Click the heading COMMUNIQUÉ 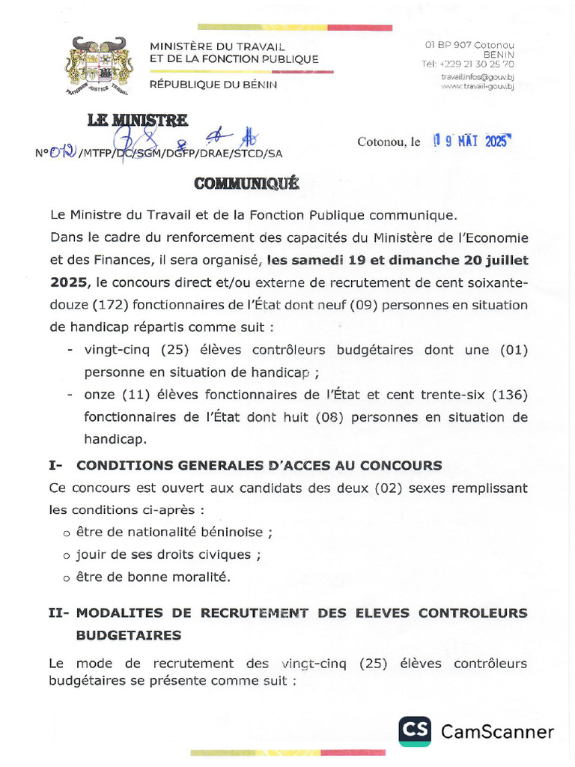click(x=246, y=184)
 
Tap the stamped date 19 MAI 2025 click(x=471, y=141)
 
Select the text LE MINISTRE click(x=137, y=120)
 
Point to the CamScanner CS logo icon click(x=414, y=731)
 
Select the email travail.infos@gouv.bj click(x=477, y=76)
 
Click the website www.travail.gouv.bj click(x=477, y=87)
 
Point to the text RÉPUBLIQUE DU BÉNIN click(x=213, y=85)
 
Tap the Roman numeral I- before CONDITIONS click(x=55, y=465)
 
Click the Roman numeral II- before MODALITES click(x=58, y=613)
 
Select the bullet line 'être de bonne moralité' click(x=153, y=577)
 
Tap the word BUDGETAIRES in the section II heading click(x=129, y=635)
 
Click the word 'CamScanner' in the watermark click(x=497, y=732)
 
